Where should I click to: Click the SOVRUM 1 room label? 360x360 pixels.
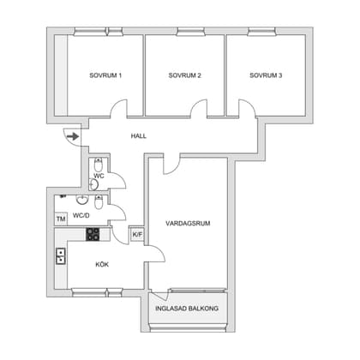(x=105, y=75)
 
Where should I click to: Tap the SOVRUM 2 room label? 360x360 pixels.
(x=184, y=75)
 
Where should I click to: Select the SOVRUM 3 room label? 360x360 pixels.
(x=266, y=75)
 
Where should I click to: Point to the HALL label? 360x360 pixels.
(x=139, y=136)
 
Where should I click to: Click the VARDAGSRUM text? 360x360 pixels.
(x=188, y=223)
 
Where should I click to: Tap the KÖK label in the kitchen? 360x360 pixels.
(x=102, y=265)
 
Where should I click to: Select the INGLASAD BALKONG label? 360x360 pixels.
(x=187, y=309)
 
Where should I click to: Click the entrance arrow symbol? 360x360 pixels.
(x=73, y=136)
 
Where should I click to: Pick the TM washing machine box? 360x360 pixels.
(x=61, y=219)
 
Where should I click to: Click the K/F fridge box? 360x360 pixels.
(x=137, y=235)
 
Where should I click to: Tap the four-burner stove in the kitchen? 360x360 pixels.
(x=93, y=234)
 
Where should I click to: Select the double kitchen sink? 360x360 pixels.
(x=61, y=256)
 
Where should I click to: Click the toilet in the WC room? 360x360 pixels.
(x=99, y=165)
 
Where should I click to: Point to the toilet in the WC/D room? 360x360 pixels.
(x=99, y=202)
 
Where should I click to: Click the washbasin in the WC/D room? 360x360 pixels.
(x=82, y=200)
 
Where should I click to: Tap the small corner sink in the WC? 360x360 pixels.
(x=93, y=184)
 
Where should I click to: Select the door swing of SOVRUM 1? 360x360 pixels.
(x=118, y=109)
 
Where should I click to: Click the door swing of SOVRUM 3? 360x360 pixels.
(x=247, y=109)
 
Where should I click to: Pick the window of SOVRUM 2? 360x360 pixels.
(x=191, y=32)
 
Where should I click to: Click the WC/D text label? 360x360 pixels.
(x=81, y=215)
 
